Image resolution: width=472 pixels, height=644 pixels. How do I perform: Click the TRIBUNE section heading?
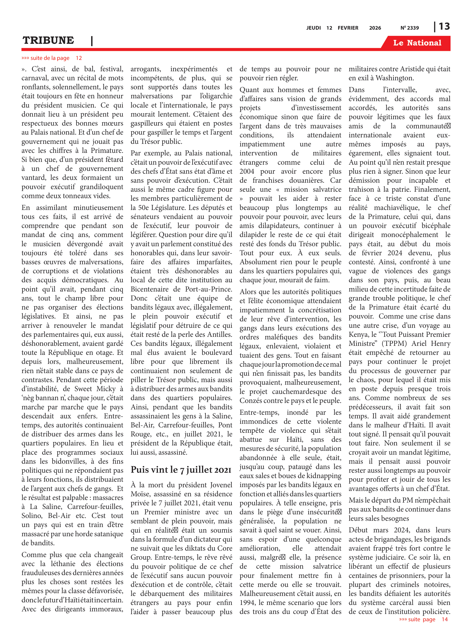(x=48, y=40)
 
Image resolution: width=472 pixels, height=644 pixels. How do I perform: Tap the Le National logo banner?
(x=417, y=43)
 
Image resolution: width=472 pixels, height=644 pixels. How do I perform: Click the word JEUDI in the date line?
(x=313, y=28)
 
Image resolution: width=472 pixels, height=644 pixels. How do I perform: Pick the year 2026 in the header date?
(x=375, y=28)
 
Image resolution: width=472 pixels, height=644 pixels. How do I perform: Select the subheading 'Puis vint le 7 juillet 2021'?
(x=181, y=470)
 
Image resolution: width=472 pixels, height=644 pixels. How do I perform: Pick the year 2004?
(x=247, y=171)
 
